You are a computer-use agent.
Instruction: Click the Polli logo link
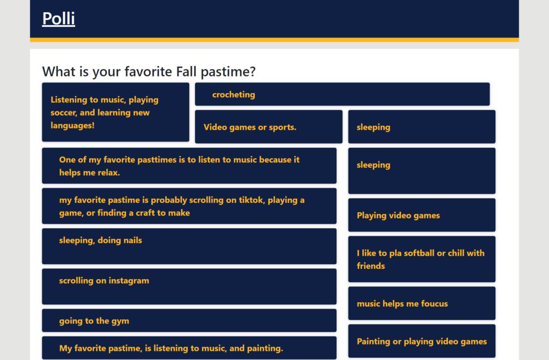tap(58, 19)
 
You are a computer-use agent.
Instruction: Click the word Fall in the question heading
tap(186, 72)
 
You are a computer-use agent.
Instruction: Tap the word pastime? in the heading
tap(228, 72)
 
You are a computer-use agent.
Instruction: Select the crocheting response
tap(342, 94)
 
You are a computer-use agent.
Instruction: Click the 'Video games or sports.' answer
tap(269, 126)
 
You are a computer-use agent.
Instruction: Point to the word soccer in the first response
tap(63, 112)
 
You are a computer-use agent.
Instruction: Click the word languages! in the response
tap(72, 125)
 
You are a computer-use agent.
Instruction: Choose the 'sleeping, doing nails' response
tap(189, 246)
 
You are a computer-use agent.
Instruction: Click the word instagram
tap(129, 281)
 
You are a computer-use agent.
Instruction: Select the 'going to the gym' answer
tap(189, 320)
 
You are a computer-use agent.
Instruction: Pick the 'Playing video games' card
tap(421, 215)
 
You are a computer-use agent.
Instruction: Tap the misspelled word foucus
tap(434, 304)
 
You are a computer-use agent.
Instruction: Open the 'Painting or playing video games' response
tap(421, 341)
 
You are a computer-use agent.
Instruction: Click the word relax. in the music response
tap(109, 172)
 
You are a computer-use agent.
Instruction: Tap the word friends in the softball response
tap(371, 266)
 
